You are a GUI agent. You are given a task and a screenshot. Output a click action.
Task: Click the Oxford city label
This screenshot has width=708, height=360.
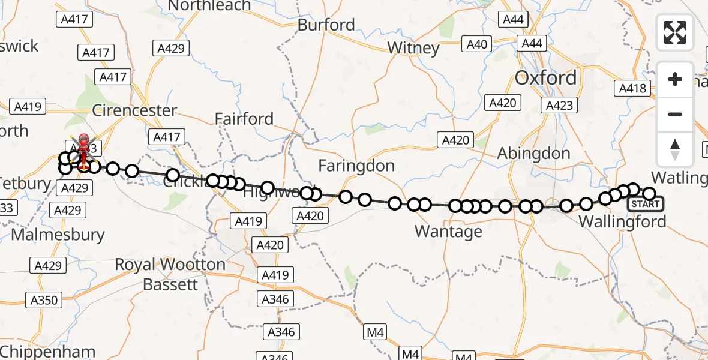[x=546, y=78]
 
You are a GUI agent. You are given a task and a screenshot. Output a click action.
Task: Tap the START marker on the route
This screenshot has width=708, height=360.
[x=646, y=204]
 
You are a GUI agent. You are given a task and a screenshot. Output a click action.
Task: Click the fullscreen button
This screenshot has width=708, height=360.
[x=675, y=32]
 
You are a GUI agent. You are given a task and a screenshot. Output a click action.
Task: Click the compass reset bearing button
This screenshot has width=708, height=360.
[x=675, y=149]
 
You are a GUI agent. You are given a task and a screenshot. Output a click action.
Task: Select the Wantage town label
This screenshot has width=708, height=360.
[x=448, y=232]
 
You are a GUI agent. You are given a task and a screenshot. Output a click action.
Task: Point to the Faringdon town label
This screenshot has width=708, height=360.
[x=356, y=166]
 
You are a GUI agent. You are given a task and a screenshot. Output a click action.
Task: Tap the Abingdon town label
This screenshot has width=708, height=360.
[x=533, y=154]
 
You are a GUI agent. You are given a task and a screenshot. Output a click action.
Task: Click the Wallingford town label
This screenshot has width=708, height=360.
[x=622, y=222]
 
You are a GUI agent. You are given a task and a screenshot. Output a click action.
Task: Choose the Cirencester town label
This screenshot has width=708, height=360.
[x=135, y=111]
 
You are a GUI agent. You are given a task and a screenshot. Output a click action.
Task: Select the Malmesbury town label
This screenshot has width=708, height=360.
[x=58, y=235]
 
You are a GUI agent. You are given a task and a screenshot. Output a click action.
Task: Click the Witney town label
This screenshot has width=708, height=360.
[x=413, y=48]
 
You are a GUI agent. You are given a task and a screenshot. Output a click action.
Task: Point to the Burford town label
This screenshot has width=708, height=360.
[x=326, y=25]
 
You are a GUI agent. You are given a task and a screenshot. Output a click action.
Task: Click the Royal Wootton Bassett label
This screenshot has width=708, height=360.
[x=170, y=274]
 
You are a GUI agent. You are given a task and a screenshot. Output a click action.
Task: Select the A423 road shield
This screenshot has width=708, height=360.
[x=558, y=106]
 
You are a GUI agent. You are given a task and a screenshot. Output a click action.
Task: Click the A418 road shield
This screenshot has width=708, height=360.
[x=632, y=89]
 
